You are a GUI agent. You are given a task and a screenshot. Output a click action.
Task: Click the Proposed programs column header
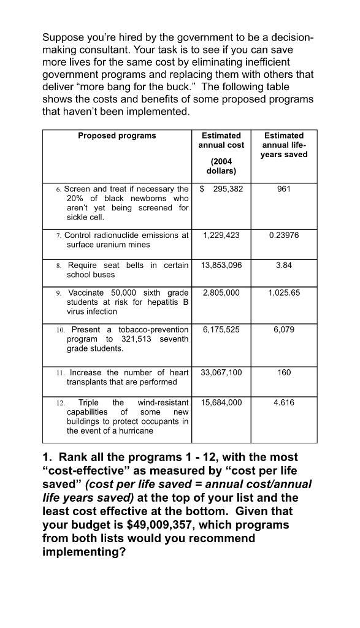(x=117, y=136)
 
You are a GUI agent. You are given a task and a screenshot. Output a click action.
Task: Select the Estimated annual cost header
(x=221, y=140)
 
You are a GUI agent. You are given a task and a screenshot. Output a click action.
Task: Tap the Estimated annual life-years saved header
(x=283, y=145)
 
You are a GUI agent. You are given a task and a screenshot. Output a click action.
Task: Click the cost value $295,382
(x=221, y=189)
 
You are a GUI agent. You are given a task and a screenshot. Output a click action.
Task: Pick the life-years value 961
(x=283, y=189)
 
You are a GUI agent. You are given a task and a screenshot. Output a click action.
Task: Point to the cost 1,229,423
(x=221, y=235)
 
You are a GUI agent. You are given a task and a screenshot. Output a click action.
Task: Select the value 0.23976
(x=283, y=235)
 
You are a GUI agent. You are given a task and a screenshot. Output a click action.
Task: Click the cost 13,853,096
(x=221, y=265)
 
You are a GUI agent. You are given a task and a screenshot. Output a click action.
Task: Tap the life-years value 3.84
(x=283, y=265)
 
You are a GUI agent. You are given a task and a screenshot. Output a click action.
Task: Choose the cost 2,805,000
(x=221, y=293)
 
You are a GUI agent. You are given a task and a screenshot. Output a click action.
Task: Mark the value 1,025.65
(x=283, y=293)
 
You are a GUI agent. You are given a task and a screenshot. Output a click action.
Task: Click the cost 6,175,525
(x=221, y=330)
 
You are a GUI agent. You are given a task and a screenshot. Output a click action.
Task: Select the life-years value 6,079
(x=283, y=330)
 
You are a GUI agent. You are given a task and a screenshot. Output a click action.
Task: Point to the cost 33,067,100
(x=221, y=372)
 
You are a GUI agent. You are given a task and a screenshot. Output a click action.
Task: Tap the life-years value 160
(x=283, y=372)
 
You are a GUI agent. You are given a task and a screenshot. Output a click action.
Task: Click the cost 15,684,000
(x=221, y=402)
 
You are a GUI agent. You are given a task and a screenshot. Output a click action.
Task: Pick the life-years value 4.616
(x=283, y=402)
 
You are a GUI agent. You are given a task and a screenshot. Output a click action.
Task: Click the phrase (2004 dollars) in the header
(x=221, y=166)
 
